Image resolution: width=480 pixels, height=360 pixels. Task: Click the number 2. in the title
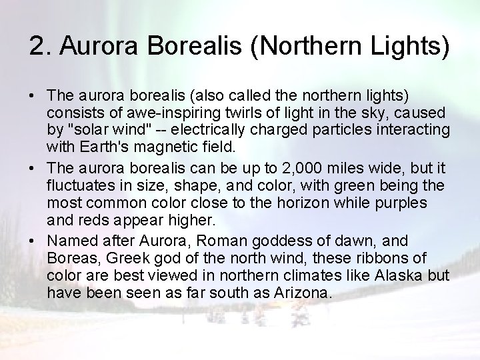(41, 47)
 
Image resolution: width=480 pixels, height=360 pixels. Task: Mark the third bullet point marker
(33, 240)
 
